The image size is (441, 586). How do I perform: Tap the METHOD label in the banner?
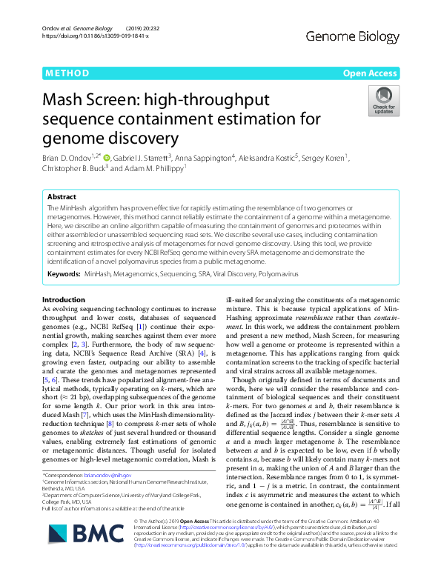[x=67, y=73]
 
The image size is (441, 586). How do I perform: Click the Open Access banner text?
[x=369, y=73]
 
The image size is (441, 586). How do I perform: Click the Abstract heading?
[x=62, y=198]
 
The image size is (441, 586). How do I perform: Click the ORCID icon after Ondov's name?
[x=106, y=157]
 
